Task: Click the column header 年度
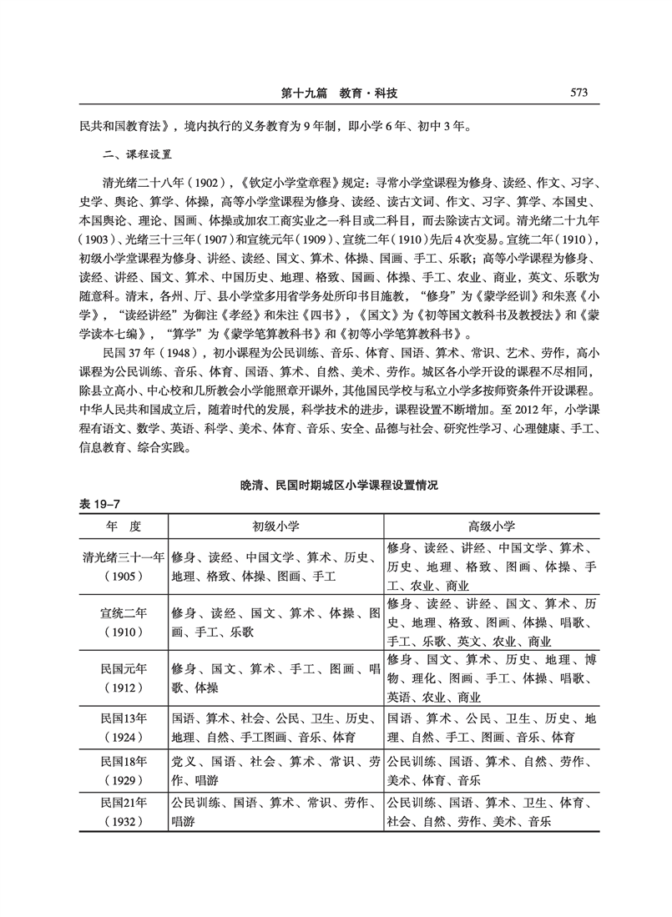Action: coord(122,527)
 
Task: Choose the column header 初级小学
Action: coord(276,527)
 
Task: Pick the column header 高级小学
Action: coord(492,527)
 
